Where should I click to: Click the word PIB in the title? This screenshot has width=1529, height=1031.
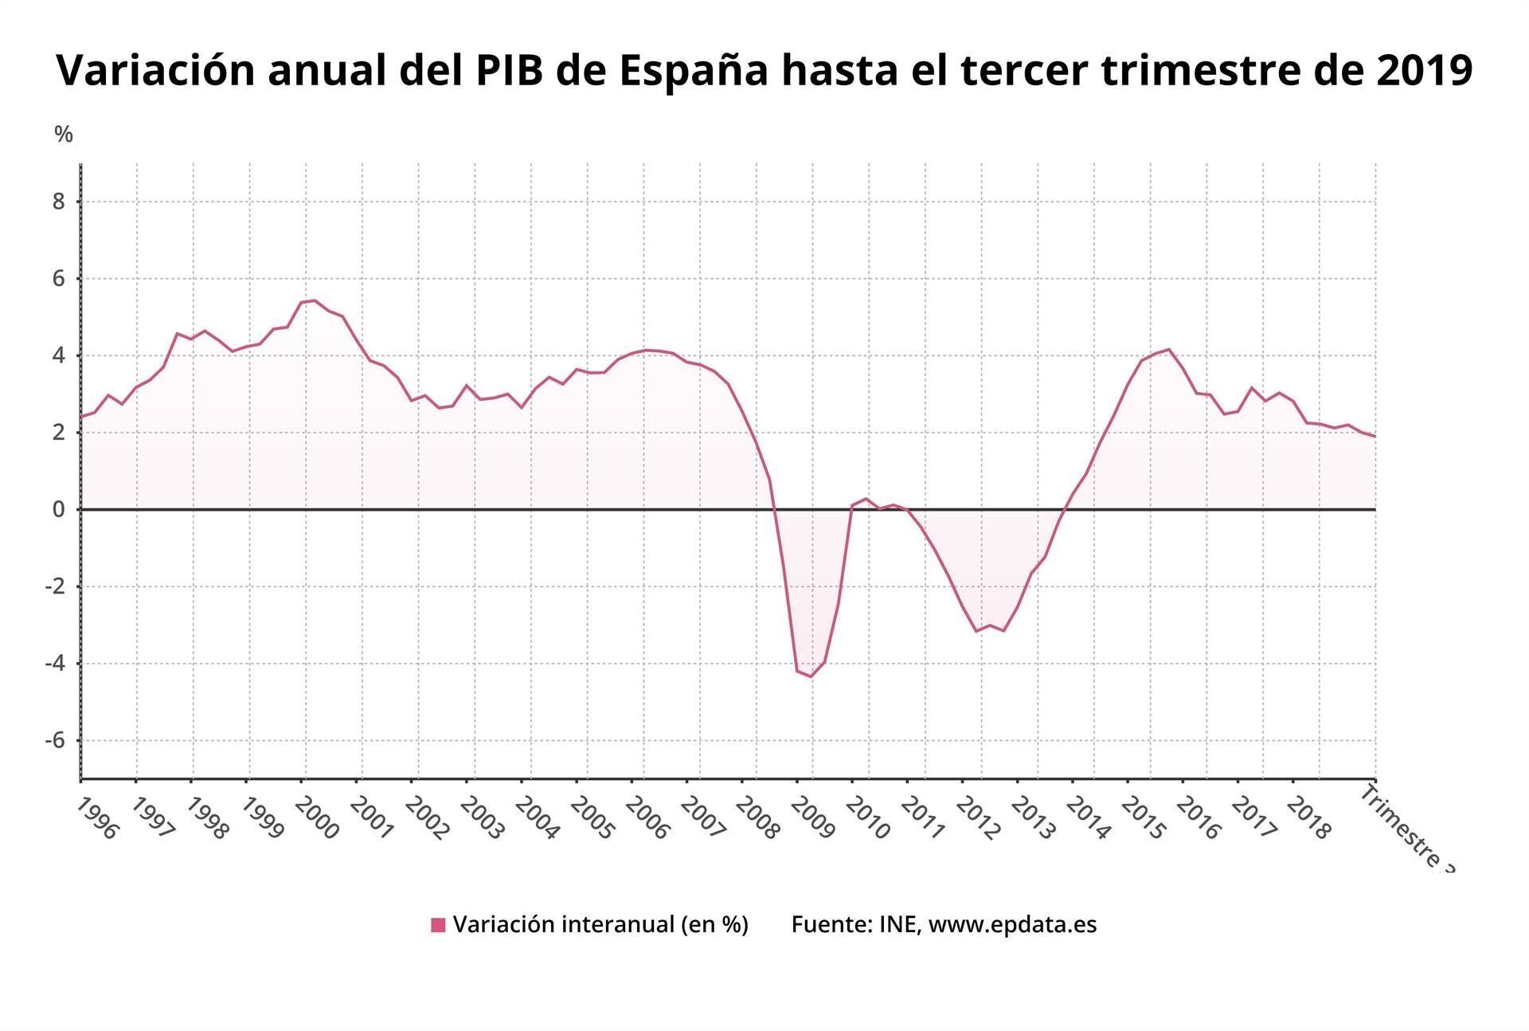510,70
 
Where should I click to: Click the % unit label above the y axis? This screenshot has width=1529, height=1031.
64,135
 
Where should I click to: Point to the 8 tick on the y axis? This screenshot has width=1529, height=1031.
59,202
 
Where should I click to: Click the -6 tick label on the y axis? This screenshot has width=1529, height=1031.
54,740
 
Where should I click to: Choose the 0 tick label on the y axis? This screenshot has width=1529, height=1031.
59,509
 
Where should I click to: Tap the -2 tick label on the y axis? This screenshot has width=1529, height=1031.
54,586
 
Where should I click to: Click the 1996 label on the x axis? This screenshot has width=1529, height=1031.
97,819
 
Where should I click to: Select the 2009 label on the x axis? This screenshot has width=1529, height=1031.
813,819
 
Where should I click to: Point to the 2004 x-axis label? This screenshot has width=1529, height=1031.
538,819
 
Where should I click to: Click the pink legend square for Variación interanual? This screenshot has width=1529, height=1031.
438,925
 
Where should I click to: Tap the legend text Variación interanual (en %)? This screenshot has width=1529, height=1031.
600,924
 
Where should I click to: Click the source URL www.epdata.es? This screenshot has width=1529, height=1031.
1012,924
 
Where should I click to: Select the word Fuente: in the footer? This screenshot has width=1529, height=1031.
831,924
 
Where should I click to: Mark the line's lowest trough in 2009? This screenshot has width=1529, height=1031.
811,676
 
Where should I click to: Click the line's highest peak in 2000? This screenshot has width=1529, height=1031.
315,300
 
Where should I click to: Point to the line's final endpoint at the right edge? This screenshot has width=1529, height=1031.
1375,436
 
